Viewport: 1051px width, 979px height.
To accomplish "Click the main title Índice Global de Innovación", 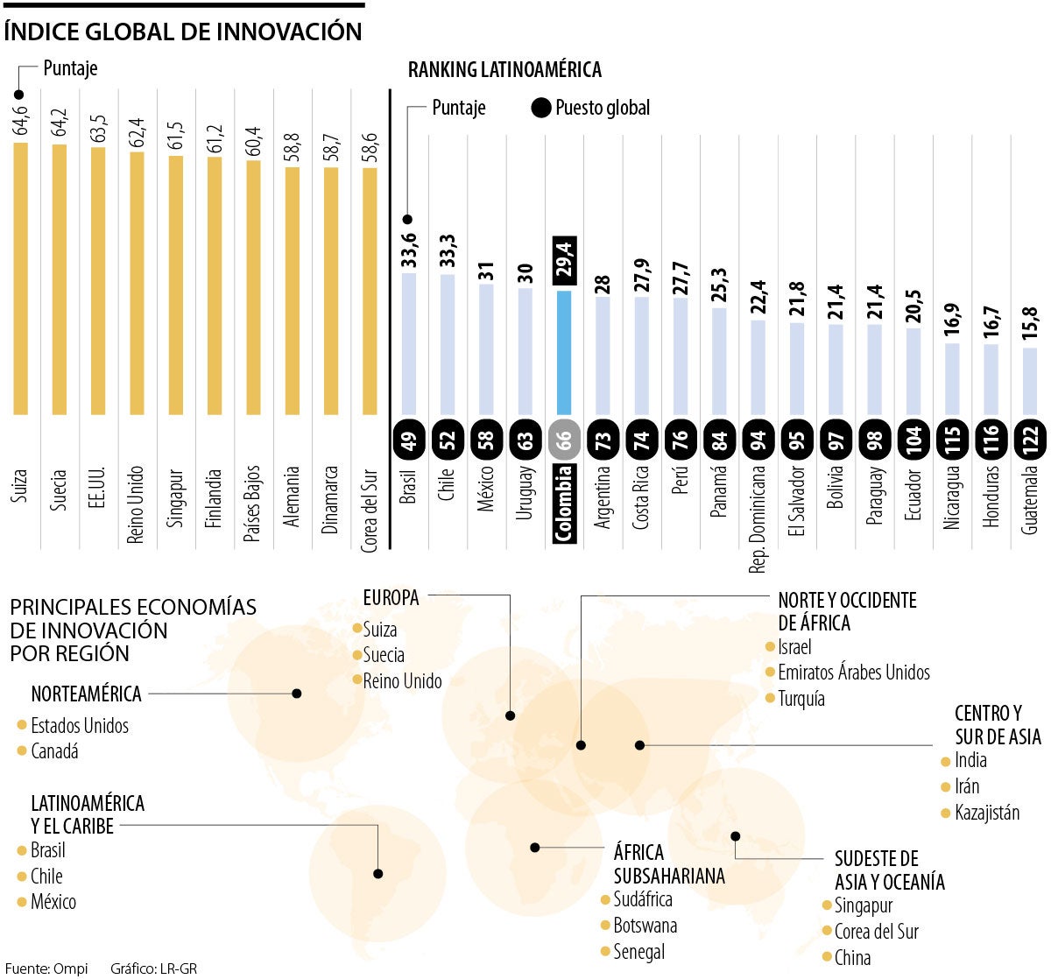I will point(183,32).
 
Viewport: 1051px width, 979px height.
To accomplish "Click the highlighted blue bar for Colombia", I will point(564,352).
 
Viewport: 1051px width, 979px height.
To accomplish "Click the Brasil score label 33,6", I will point(409,250).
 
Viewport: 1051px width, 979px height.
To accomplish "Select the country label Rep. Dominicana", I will point(758,518).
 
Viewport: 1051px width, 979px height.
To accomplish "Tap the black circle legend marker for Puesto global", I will point(541,109).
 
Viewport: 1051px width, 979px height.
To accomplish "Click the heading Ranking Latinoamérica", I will point(504,70).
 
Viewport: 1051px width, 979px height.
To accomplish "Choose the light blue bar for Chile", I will point(448,344).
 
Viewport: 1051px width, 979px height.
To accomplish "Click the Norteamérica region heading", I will point(86,694).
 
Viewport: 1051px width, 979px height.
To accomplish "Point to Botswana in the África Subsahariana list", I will point(645,926).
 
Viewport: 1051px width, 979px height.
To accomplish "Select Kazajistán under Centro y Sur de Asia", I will point(987,813).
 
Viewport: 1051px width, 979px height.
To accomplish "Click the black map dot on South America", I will point(378,873).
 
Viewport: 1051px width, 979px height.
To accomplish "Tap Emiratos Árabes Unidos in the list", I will point(853,673).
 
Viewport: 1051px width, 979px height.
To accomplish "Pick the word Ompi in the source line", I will point(71,968).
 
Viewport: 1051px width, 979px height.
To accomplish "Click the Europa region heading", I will point(391,598).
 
